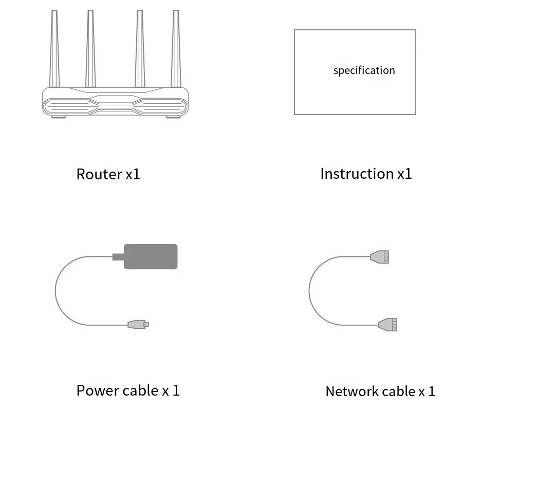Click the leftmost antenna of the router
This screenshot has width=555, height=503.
pyautogui.click(x=54, y=49)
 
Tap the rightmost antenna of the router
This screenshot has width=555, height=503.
pyautogui.click(x=176, y=49)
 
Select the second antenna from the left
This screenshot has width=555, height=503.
pyautogui.click(x=90, y=49)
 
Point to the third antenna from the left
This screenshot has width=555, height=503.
pyautogui.click(x=139, y=49)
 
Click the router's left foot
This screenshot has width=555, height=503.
pyautogui.click(x=58, y=117)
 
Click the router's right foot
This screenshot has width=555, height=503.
pyautogui.click(x=173, y=117)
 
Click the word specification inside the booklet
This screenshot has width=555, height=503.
pyautogui.click(x=364, y=70)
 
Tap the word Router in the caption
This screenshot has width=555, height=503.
pyautogui.click(x=99, y=174)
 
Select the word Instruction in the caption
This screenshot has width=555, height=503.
pyautogui.click(x=357, y=174)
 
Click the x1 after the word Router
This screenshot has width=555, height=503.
pyautogui.click(x=133, y=175)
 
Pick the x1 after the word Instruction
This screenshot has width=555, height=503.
pyautogui.click(x=404, y=174)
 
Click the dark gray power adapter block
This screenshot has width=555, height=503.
pyautogui.click(x=151, y=256)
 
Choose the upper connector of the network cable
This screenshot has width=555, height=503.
pyautogui.click(x=380, y=257)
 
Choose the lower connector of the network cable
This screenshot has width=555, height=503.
pyautogui.click(x=388, y=325)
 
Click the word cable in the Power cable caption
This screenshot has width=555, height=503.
pyautogui.click(x=140, y=390)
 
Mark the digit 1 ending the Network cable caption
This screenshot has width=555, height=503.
pyautogui.click(x=432, y=392)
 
